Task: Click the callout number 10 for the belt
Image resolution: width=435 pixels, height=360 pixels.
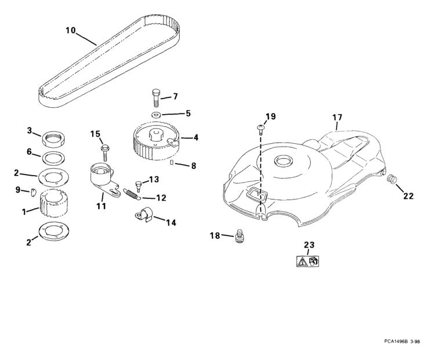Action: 70,30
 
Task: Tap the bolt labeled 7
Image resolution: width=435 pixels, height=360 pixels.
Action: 156,98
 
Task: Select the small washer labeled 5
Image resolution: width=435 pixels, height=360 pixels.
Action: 155,114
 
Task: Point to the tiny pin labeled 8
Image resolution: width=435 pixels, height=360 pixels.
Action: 172,162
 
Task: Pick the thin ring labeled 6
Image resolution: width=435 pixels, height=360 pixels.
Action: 54,158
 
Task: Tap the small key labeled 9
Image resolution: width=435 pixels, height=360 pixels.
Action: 32,192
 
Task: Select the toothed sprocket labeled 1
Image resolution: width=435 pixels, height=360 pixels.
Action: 55,204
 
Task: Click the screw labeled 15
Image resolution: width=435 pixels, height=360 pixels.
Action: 105,152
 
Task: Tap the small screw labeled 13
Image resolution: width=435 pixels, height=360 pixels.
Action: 138,186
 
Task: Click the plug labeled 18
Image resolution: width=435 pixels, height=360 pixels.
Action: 239,236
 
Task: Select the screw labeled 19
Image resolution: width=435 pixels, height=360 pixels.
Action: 260,129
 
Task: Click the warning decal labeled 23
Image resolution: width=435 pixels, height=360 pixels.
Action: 308,261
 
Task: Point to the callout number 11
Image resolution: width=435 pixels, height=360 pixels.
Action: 101,206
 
